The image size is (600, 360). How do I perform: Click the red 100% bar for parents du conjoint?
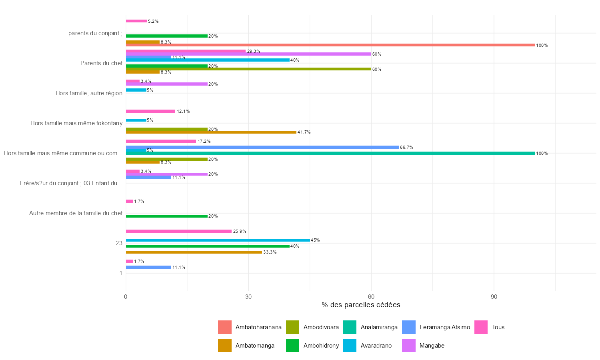(330, 45)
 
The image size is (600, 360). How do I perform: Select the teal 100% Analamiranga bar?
(330, 153)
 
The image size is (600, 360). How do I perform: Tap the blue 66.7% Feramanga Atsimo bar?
(262, 147)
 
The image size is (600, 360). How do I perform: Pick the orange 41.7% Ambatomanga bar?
(211, 132)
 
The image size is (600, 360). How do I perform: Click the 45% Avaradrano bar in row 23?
(218, 240)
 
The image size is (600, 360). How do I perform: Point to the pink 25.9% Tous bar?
(178, 231)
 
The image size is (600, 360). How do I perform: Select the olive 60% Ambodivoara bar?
(248, 69)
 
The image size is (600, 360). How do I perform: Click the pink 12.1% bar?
(150, 111)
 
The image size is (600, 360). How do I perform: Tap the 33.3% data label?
(270, 252)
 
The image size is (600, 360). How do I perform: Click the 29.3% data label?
(254, 51)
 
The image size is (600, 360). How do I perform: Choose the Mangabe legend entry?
(432, 346)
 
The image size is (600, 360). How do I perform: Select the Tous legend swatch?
(481, 327)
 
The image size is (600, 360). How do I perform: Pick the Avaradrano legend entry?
(376, 346)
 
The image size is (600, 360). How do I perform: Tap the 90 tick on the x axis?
(494, 297)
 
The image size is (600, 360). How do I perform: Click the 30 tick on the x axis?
(248, 297)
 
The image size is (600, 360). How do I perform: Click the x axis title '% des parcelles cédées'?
(361, 305)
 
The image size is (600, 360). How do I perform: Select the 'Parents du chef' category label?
(101, 63)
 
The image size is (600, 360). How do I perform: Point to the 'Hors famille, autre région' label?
(89, 93)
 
